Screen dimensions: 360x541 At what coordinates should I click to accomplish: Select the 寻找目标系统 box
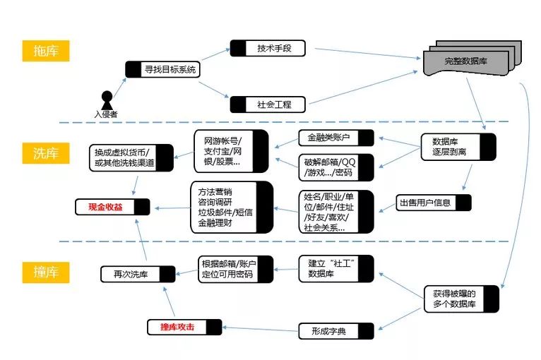pos(162,69)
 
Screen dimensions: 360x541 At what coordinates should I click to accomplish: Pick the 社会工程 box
pos(268,104)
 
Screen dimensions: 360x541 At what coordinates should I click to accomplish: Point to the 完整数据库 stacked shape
pos(466,60)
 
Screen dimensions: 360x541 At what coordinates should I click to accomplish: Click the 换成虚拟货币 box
pos(131,157)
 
